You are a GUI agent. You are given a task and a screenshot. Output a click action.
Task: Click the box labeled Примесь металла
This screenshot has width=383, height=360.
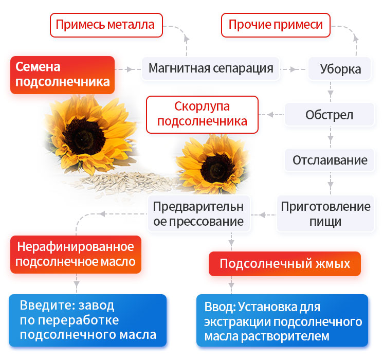click(x=106, y=25)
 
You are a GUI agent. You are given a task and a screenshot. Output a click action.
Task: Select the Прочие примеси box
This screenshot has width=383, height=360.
click(x=276, y=25)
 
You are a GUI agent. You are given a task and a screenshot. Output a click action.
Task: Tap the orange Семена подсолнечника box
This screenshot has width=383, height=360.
click(x=62, y=75)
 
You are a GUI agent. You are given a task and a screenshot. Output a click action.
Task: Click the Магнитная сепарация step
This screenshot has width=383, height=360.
click(x=211, y=68)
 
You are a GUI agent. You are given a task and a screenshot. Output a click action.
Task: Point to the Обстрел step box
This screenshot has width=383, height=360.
click(x=330, y=114)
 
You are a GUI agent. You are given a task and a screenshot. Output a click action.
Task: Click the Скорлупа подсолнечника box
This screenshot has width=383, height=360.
click(x=202, y=114)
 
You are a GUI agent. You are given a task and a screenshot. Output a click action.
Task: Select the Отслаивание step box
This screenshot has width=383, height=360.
click(x=330, y=159)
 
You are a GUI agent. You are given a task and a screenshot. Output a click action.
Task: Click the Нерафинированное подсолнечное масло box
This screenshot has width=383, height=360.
click(x=76, y=254)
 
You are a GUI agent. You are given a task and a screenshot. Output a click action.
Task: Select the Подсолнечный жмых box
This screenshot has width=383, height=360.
click(x=284, y=264)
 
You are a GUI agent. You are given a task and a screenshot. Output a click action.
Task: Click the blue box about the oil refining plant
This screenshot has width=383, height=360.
click(x=88, y=320)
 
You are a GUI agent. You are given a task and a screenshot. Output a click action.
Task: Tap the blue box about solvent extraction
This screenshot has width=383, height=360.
click(x=282, y=320)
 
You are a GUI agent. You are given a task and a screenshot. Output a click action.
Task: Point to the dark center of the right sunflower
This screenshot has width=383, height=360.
click(x=215, y=168)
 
